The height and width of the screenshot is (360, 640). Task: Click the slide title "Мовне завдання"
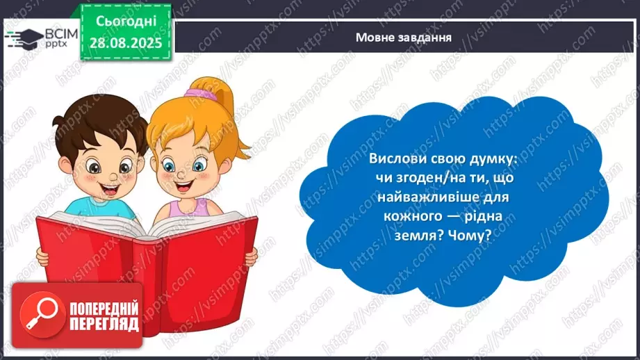(x=403, y=38)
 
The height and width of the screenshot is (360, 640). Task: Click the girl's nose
(x=182, y=175)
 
